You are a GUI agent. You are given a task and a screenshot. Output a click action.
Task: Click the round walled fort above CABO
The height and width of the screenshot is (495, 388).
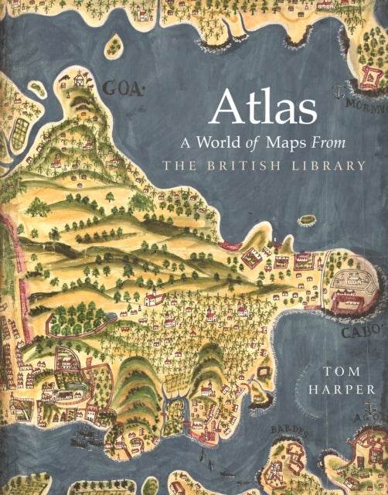tap(352, 287)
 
